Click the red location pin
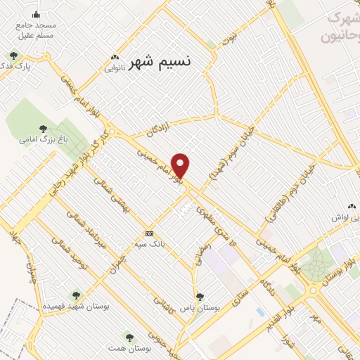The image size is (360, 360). click(181, 165)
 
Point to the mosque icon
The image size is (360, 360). click(37, 15)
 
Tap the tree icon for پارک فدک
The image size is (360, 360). click(13, 56)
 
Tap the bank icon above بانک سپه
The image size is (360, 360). click(149, 233)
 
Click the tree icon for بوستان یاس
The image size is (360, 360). click(200, 297)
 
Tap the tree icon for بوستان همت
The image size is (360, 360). click(128, 337)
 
